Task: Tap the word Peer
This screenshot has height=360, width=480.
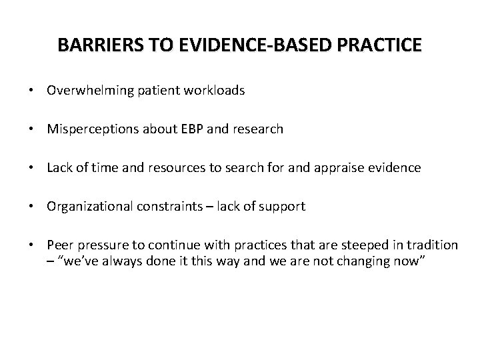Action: tap(58, 245)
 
